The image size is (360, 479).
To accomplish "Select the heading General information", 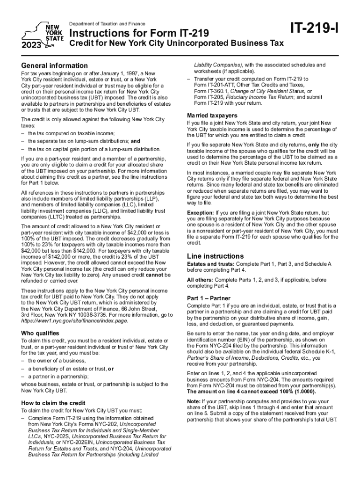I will point(52,65).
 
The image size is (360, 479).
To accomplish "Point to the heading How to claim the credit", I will point(53,403).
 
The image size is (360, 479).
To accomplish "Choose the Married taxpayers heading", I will point(212,116).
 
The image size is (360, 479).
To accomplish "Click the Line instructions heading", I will point(215,256).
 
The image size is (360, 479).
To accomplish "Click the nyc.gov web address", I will point(73,321).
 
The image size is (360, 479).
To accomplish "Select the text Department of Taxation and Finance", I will point(107,24).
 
